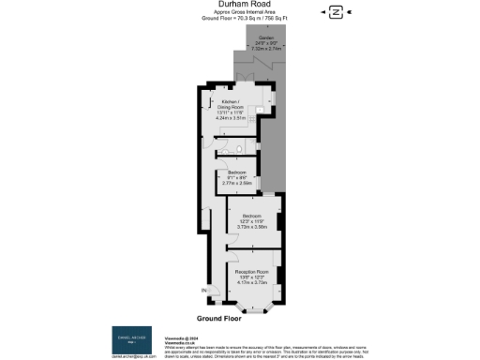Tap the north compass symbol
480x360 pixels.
335,11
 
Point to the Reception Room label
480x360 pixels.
251,272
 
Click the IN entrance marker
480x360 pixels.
203,291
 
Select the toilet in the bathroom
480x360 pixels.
242,148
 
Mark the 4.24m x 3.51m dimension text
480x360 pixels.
231,118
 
